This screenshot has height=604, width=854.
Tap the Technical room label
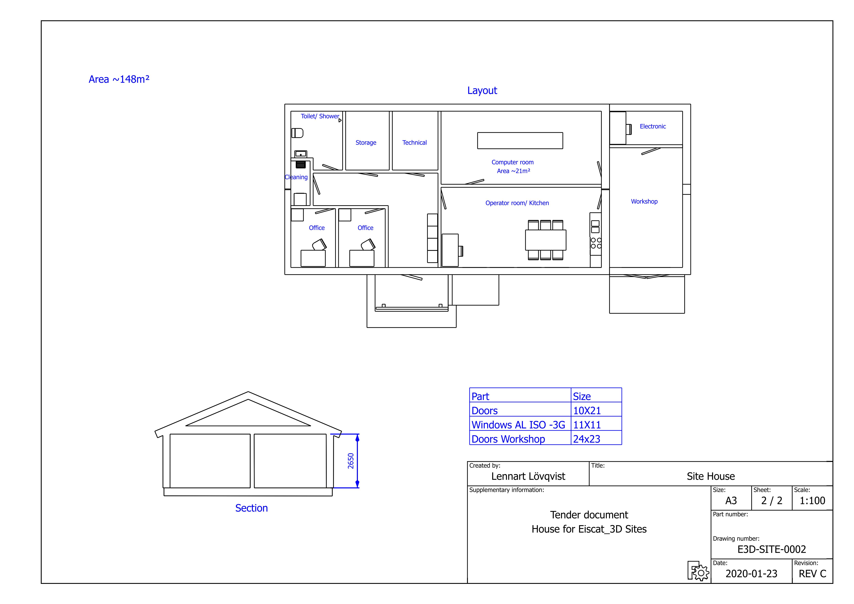414,143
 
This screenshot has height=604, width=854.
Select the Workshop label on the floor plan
644,202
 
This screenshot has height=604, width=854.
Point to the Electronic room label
653,126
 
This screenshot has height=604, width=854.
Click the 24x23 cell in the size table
586,439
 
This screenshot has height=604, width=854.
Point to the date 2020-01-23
751,574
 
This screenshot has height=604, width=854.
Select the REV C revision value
812,574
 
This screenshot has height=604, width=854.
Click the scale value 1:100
812,501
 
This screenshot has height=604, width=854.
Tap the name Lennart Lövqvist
528,476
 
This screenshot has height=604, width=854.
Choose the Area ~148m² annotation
119,79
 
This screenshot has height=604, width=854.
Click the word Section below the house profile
252,508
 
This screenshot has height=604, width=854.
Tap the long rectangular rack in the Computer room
520,141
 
